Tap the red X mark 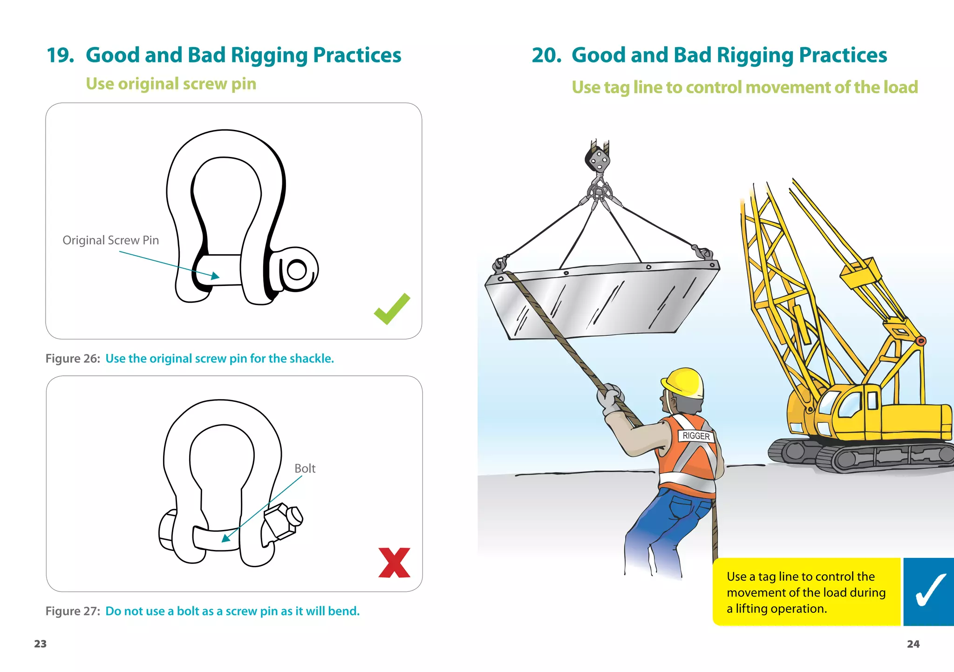coord(395,563)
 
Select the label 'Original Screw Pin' coord(111,240)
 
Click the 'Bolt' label coord(305,468)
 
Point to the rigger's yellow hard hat coord(684,383)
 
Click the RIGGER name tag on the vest coord(696,436)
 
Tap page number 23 coord(41,644)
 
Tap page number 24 coord(913,644)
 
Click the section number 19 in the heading coord(60,55)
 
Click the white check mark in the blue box coord(930,590)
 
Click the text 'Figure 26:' coord(73,359)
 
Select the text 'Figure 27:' coord(73,611)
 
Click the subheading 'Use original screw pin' coord(171,84)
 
